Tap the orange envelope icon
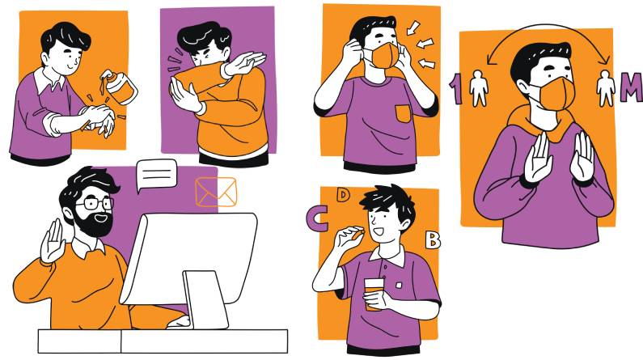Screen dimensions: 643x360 [x=216, y=192]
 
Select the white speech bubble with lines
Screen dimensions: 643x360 [x=156, y=175]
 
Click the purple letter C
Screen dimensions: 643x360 [x=317, y=218]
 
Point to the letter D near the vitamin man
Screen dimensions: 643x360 [x=343, y=195]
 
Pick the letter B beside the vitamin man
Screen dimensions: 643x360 [x=432, y=240]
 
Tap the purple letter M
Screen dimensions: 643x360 [x=631, y=87]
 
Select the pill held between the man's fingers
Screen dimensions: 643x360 [x=361, y=232]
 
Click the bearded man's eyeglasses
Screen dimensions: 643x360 [x=95, y=203]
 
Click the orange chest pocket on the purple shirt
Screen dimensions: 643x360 [x=404, y=113]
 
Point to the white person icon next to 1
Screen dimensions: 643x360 [x=479, y=88]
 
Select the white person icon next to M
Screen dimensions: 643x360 [x=605, y=88]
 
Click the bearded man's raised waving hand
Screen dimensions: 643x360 [x=53, y=242]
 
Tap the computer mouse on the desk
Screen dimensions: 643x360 [x=180, y=322]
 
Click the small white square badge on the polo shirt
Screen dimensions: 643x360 [x=399, y=284]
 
